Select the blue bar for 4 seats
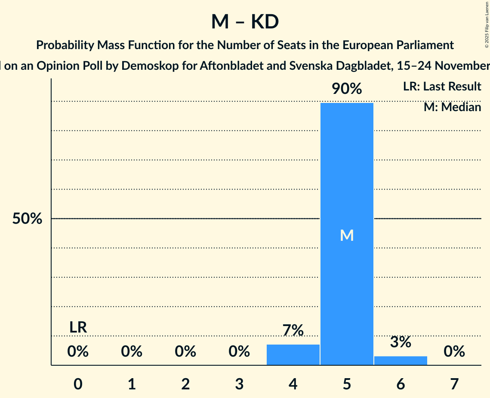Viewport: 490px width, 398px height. click(x=293, y=354)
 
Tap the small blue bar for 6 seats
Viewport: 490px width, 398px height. click(x=401, y=361)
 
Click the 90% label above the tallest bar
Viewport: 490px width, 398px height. click(x=347, y=89)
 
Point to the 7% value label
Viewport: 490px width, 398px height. click(x=293, y=331)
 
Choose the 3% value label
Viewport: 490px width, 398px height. click(x=401, y=342)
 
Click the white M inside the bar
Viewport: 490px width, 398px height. click(x=347, y=235)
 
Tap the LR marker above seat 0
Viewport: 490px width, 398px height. click(x=78, y=327)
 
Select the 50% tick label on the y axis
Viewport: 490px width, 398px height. click(x=27, y=219)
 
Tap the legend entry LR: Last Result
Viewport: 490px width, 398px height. click(x=442, y=87)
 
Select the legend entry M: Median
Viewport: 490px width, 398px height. click(x=452, y=107)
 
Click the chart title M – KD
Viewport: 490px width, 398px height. click(x=245, y=22)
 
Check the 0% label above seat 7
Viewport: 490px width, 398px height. click(x=454, y=351)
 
